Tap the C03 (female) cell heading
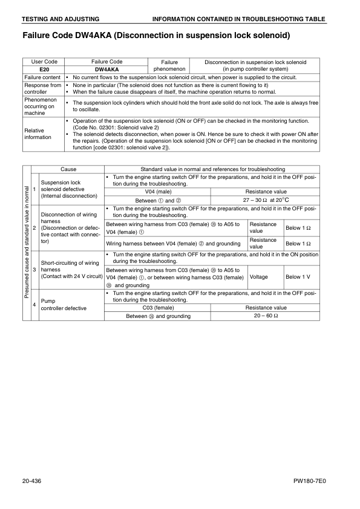(158, 308)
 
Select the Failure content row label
(42, 77)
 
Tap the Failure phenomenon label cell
(169, 66)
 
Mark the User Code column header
(43, 62)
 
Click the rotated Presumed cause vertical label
(27, 245)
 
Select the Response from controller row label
(42, 88)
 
